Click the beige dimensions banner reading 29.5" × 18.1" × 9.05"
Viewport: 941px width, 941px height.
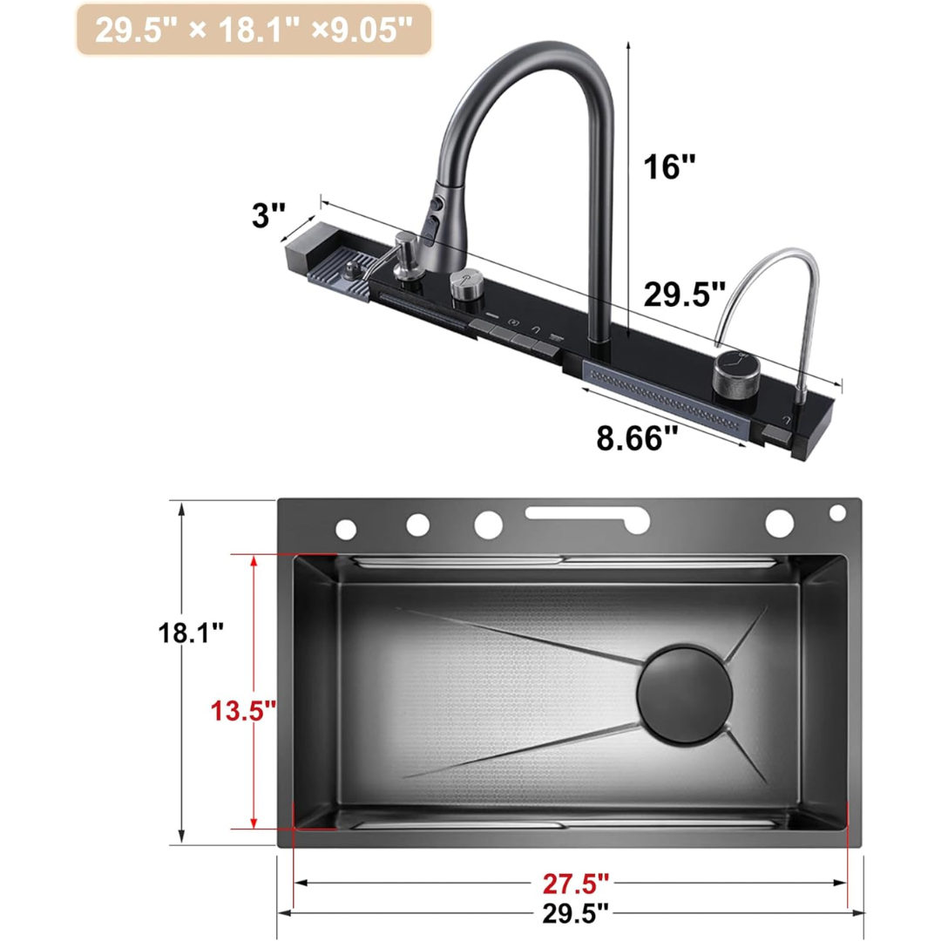253,30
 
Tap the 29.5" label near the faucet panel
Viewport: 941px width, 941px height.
684,294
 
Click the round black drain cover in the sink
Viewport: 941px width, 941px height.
685,694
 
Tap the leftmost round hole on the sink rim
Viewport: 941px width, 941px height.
346,528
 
